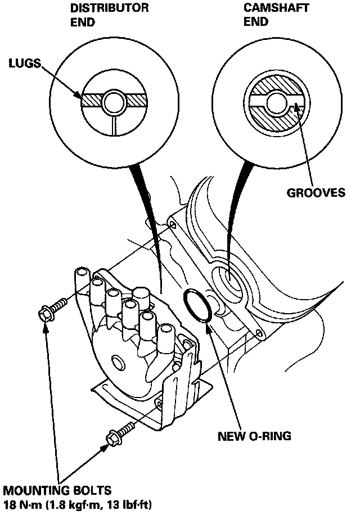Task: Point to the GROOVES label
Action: pos(316,193)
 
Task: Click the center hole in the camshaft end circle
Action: pos(276,102)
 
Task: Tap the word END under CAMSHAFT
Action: pos(256,22)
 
